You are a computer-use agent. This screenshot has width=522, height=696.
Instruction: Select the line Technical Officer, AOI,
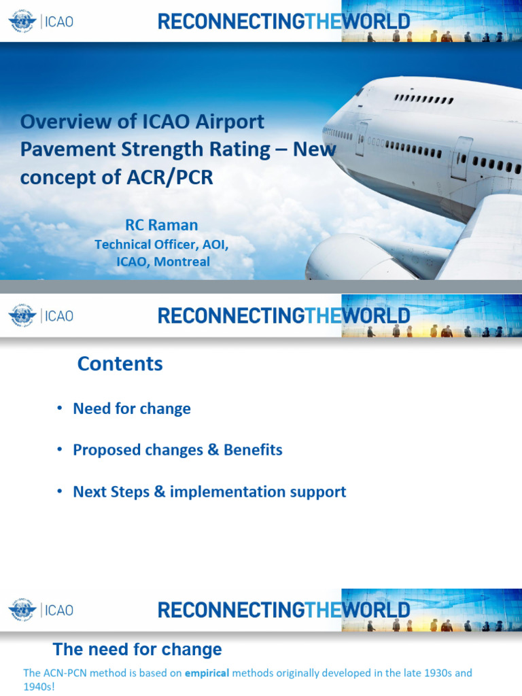click(x=162, y=244)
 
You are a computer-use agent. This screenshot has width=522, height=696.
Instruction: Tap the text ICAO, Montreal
click(x=162, y=262)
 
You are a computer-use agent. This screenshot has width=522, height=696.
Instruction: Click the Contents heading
click(x=120, y=364)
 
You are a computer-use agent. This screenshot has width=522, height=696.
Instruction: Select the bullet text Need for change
click(x=132, y=408)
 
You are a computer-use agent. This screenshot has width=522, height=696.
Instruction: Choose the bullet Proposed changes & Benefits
click(x=177, y=450)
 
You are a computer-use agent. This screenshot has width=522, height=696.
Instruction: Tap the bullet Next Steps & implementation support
click(x=209, y=491)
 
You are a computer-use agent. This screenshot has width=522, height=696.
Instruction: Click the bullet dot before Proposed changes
click(x=59, y=450)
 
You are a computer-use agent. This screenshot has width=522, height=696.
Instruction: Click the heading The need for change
click(x=137, y=649)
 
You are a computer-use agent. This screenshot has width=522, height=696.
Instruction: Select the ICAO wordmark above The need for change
click(x=58, y=610)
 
